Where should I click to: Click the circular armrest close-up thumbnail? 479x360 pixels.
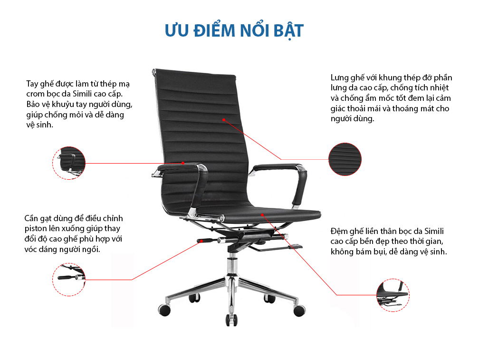coord(69,163)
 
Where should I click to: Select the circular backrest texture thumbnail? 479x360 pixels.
coord(345,159)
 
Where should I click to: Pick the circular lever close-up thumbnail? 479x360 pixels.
coord(69,279)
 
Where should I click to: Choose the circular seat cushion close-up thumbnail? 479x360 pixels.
coord(393,295)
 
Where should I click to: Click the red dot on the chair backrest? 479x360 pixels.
coord(224,120)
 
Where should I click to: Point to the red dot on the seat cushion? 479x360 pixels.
coord(262,215)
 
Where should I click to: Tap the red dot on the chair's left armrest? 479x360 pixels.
coord(183,163)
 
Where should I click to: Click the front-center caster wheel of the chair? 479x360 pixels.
coord(231,320)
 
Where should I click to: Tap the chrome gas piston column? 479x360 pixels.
coord(232,265)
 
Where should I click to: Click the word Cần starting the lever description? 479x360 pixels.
coord(31,218)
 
